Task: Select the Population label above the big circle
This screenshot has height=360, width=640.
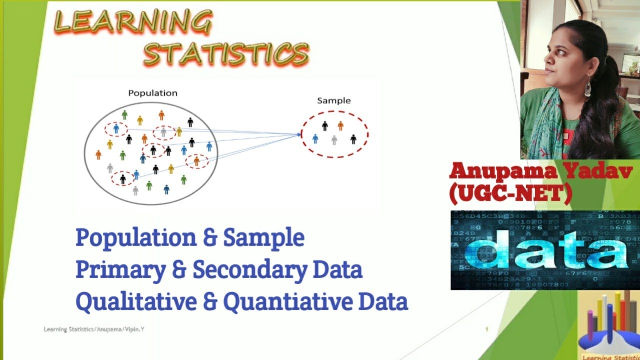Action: [x=152, y=93]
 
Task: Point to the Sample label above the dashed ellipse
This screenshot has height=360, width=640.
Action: [x=334, y=100]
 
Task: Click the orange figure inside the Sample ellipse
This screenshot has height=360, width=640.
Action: [x=340, y=125]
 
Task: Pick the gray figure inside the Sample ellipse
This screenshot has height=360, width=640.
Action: [x=334, y=140]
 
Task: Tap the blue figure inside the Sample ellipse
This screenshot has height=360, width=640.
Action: [x=315, y=138]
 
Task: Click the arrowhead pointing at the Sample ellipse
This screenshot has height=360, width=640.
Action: [x=299, y=134]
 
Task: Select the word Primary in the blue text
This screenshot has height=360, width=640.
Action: [x=120, y=270]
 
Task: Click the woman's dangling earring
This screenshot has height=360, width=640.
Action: [x=587, y=88]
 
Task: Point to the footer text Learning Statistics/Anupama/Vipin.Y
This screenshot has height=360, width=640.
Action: [x=94, y=329]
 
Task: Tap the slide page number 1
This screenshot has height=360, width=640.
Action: [x=486, y=329]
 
